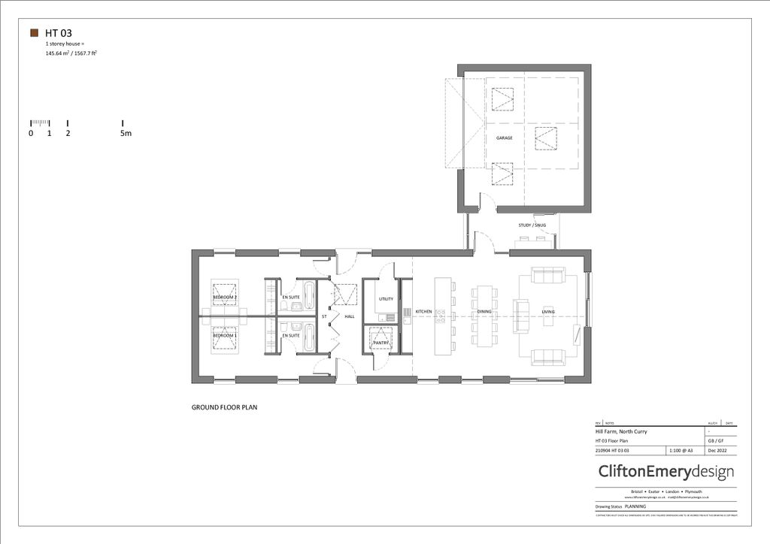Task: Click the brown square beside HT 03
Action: (x=34, y=33)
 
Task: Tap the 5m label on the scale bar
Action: (x=126, y=134)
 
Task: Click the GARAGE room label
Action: (x=504, y=138)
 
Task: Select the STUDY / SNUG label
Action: (x=532, y=225)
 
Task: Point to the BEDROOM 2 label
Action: (x=225, y=298)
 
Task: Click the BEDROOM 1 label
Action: (x=225, y=335)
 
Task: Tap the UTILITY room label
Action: (x=386, y=299)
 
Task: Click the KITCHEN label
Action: (x=424, y=311)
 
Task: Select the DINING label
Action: (x=484, y=311)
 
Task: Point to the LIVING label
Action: (x=547, y=311)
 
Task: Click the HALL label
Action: (x=350, y=317)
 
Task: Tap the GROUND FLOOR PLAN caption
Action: (x=225, y=407)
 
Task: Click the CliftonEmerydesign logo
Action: (x=665, y=472)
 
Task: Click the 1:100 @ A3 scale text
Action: (x=684, y=450)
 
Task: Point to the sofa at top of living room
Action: (x=547, y=275)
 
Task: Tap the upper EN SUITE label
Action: (x=291, y=298)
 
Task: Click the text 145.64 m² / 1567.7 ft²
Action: (x=72, y=54)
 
